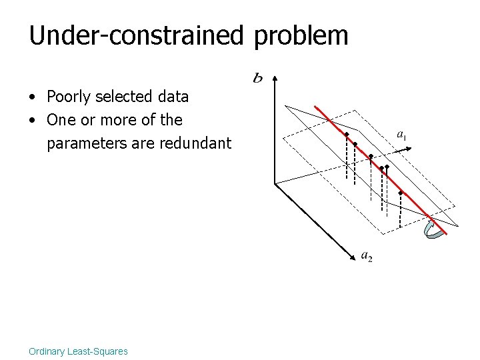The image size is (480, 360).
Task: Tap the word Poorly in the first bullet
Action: pos(68,97)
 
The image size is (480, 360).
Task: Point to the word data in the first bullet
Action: pos(173,97)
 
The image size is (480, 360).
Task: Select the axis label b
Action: pos(257,79)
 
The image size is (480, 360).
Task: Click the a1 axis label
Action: pos(402,135)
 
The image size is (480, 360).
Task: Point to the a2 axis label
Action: pos(367,256)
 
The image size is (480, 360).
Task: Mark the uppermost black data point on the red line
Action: pos(347,135)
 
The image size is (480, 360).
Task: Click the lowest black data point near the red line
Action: pos(400,193)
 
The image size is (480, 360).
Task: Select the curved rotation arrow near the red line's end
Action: pos(433,230)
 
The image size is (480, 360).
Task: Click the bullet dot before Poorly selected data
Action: pos(32,97)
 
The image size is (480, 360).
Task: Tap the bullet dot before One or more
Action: pos(32,121)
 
